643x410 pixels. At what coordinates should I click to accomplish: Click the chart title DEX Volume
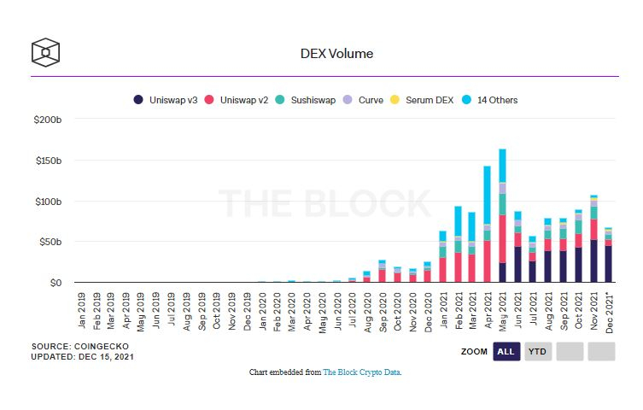click(336, 54)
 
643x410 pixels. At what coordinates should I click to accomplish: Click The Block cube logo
click(45, 53)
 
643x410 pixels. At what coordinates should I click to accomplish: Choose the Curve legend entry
click(364, 100)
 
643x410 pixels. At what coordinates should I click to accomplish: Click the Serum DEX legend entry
click(424, 100)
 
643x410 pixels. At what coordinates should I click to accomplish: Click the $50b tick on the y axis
click(50, 242)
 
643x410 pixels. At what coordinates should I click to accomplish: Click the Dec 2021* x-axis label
click(609, 311)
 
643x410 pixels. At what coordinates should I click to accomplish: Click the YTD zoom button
click(537, 351)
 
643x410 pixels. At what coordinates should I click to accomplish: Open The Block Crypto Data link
click(361, 372)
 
